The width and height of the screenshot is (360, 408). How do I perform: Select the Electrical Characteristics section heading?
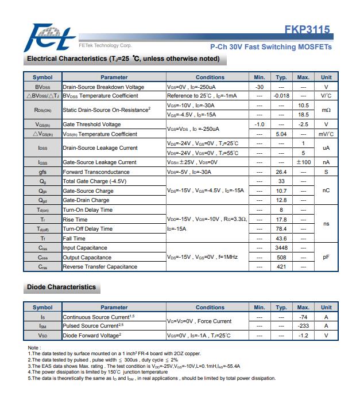click(x=123, y=59)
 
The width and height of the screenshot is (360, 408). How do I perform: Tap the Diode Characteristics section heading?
click(x=61, y=286)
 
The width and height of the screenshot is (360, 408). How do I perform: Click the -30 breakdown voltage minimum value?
click(x=259, y=87)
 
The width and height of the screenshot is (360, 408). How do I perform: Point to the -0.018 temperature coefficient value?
click(x=281, y=96)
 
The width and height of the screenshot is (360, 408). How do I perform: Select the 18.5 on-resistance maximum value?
click(x=304, y=115)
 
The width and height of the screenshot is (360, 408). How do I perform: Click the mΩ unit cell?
click(x=326, y=110)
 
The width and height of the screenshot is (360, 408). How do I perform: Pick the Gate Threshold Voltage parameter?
click(x=92, y=125)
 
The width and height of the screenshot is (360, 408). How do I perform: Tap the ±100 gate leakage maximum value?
click(x=304, y=162)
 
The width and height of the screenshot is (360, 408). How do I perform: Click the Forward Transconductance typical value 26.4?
click(x=281, y=172)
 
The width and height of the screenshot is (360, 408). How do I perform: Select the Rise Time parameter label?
click(x=75, y=219)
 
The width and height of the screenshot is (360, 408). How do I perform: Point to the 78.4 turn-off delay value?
click(x=281, y=229)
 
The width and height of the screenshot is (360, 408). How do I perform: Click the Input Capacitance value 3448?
click(x=281, y=248)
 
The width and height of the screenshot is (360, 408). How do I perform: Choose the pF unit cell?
click(x=326, y=257)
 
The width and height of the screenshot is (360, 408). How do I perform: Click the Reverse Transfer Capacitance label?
click(x=100, y=267)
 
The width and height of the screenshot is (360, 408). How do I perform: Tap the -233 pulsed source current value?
click(x=304, y=326)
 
